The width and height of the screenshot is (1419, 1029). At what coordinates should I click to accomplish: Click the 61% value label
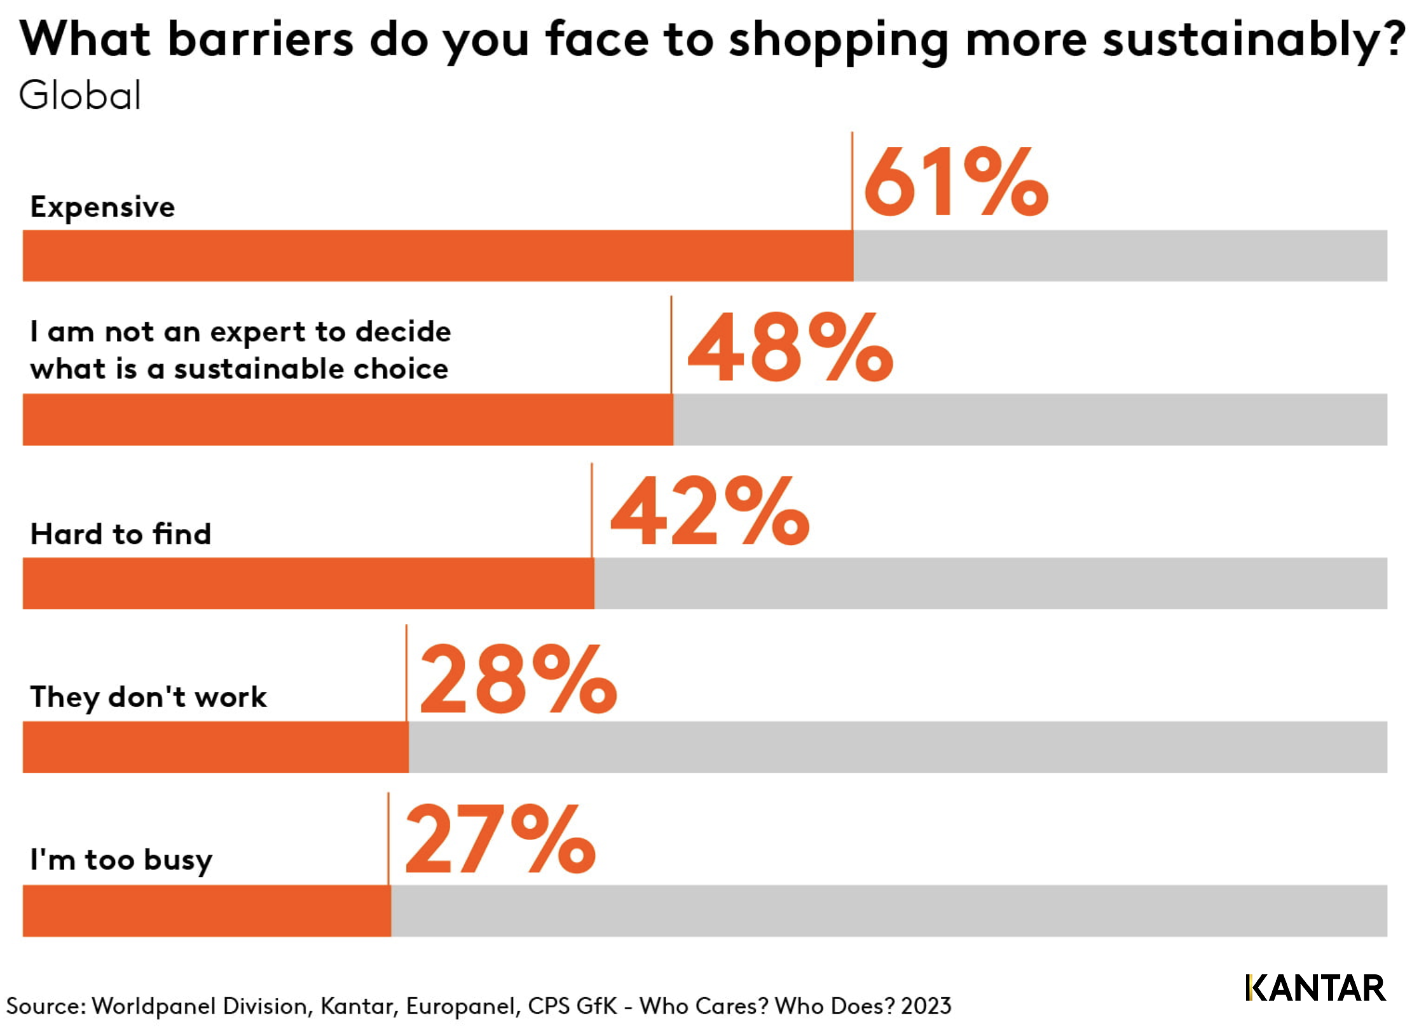(955, 182)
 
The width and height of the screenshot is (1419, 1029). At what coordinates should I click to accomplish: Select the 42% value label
(709, 511)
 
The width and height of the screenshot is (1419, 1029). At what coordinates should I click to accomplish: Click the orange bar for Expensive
(437, 256)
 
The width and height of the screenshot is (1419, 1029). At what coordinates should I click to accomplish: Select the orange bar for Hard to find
(308, 583)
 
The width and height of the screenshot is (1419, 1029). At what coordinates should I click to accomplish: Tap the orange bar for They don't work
(216, 747)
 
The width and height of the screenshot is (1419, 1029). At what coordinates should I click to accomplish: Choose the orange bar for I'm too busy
(207, 910)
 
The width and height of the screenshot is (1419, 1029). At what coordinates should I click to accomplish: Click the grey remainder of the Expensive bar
(1120, 256)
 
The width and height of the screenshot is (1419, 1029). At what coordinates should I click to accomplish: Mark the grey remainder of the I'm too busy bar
(889, 910)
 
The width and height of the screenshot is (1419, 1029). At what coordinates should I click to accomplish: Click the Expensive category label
(102, 207)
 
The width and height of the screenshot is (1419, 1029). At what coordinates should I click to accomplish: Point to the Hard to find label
(121, 534)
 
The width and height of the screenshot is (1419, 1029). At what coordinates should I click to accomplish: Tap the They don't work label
(148, 697)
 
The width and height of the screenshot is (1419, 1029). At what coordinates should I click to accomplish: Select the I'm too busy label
(121, 860)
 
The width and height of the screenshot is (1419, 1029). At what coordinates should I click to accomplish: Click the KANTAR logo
(1315, 988)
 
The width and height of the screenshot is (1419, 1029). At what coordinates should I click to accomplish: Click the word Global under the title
(79, 96)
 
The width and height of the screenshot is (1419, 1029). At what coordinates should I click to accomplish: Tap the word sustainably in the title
(1252, 39)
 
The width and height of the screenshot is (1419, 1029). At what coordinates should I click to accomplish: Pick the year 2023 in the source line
(926, 1006)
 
